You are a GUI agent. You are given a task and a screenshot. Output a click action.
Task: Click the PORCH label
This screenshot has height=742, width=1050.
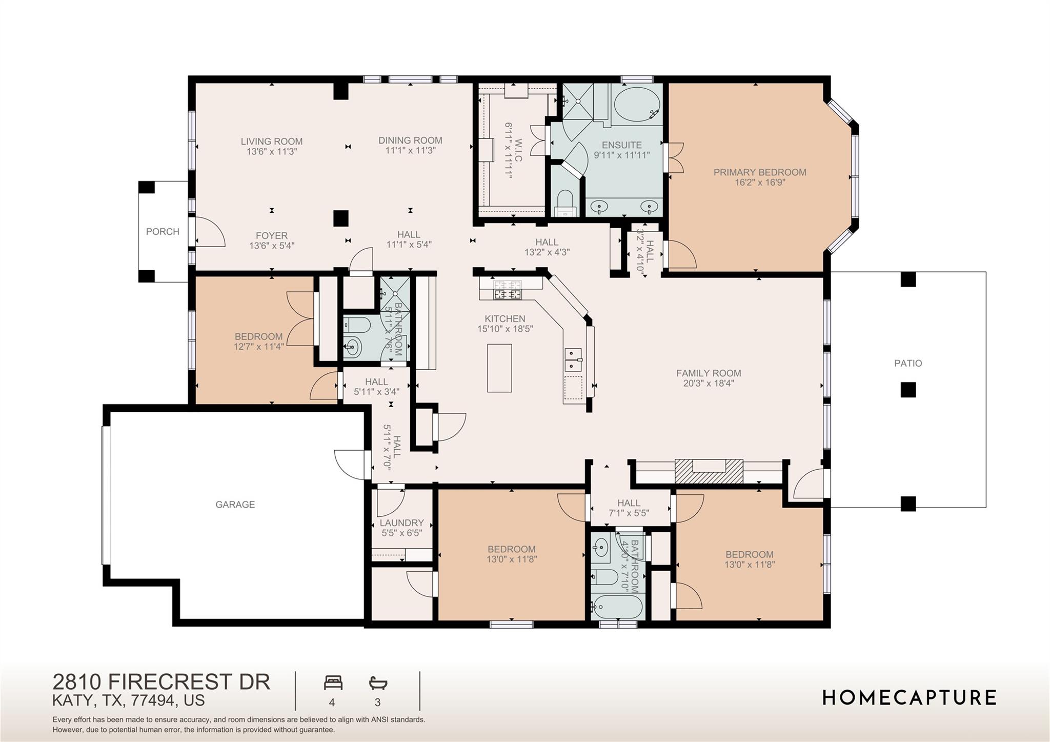click(x=163, y=232)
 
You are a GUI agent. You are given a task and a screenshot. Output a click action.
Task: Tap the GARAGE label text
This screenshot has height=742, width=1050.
click(x=235, y=505)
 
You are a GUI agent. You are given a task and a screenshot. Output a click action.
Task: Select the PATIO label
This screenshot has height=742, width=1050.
click(x=908, y=363)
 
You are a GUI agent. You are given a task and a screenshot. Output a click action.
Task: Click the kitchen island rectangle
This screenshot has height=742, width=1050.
click(x=499, y=368)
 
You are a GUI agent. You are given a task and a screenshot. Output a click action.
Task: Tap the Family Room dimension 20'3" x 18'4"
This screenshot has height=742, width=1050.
click(x=708, y=383)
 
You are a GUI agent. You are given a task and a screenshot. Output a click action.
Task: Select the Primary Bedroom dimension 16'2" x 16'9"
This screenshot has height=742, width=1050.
click(x=760, y=182)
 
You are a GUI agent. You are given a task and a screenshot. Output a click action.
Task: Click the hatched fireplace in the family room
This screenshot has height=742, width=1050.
click(x=709, y=471)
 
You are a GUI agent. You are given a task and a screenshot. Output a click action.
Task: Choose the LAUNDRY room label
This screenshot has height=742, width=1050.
click(x=401, y=523)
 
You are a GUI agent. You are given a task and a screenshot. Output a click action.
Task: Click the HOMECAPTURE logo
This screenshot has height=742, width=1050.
click(x=909, y=697)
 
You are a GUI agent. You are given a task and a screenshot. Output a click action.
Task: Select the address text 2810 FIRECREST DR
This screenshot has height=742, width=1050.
click(x=161, y=682)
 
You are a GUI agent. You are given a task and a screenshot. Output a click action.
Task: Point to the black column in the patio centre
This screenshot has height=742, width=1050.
click(x=908, y=390)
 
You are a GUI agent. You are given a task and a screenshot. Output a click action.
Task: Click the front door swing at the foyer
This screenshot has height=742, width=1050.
click(x=209, y=232)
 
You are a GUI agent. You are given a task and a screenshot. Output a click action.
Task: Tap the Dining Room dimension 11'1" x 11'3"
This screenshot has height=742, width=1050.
click(x=410, y=150)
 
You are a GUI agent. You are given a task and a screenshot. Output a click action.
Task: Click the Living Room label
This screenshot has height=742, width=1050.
click(x=272, y=142)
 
